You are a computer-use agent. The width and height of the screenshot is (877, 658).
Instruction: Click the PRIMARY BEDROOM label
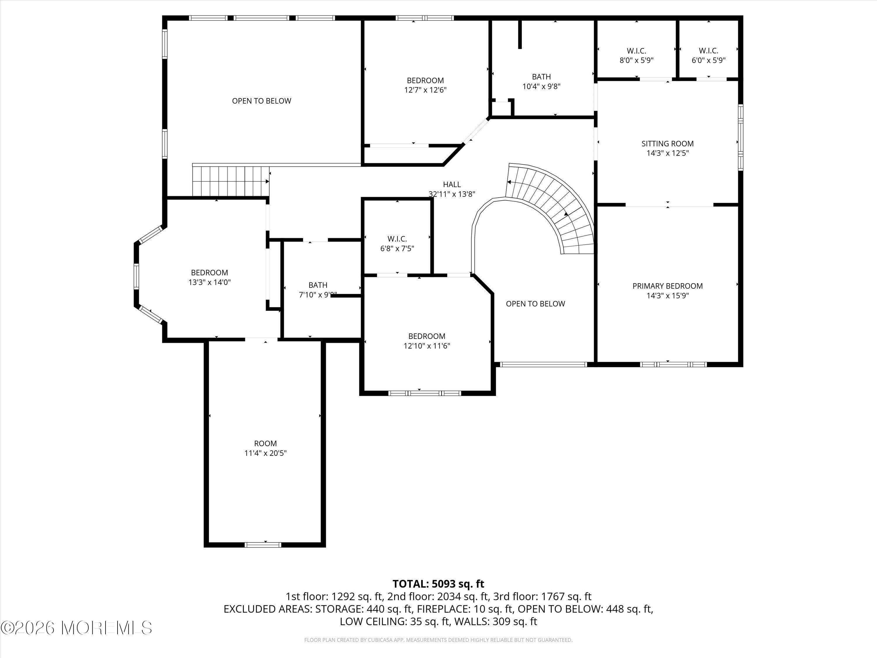[x=667, y=286]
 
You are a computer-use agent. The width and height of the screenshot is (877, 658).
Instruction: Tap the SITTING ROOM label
[x=667, y=144]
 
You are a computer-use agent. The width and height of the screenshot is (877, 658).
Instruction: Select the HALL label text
[x=452, y=185]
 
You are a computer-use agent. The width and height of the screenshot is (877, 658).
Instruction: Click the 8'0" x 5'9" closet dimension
[x=636, y=60]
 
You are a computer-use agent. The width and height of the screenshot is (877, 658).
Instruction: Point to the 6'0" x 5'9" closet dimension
[x=709, y=60]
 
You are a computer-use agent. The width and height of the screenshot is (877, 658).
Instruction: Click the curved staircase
[x=555, y=206]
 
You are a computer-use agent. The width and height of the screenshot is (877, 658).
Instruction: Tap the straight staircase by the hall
[x=230, y=181]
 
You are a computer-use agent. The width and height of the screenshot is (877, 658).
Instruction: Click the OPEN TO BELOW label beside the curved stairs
[x=535, y=304]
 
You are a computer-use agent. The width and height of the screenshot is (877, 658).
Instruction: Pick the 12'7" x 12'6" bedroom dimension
[x=425, y=90]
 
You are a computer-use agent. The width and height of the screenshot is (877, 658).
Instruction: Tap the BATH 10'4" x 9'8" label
[x=541, y=81]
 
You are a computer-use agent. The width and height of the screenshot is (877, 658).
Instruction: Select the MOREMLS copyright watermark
[x=76, y=628]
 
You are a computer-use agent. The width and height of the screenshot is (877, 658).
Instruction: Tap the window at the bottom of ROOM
[x=263, y=545]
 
